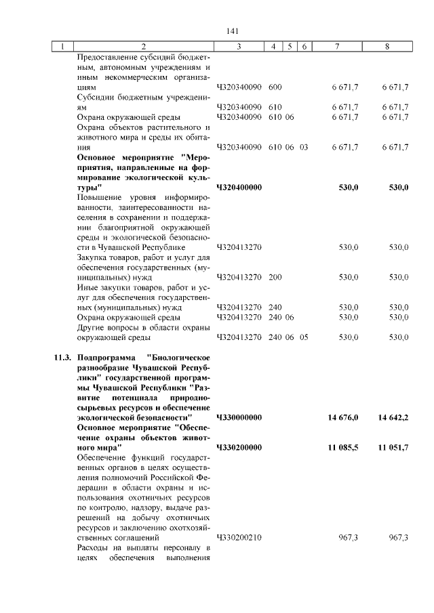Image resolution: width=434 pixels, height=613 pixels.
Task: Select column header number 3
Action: pyautogui.click(x=239, y=47)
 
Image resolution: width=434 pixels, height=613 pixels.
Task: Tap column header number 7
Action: pyautogui.click(x=337, y=47)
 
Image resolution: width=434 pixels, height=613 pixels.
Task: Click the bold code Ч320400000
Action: pyautogui.click(x=239, y=187)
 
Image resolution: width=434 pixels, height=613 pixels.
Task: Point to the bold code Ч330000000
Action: pyautogui.click(x=239, y=418)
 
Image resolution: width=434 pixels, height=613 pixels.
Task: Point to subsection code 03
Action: pyautogui.click(x=304, y=147)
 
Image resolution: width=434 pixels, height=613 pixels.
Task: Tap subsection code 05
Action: pyautogui.click(x=304, y=337)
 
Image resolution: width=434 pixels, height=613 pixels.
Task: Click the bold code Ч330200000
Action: pyautogui.click(x=239, y=448)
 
